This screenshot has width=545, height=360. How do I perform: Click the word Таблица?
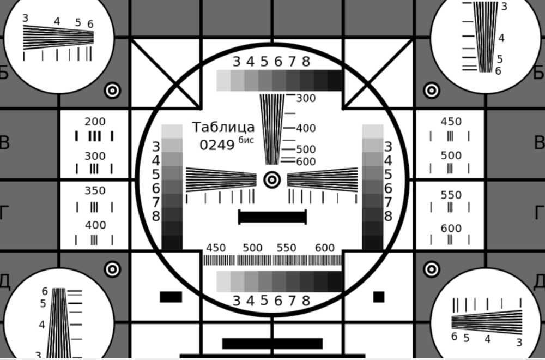tap(223, 127)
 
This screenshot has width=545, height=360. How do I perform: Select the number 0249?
tap(217, 145)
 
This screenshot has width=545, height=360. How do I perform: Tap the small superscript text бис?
tap(246, 140)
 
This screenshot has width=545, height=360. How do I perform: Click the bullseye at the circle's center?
tap(272, 180)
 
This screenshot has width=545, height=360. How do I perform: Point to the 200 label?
tap(95, 122)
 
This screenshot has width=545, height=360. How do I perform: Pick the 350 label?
tap(95, 190)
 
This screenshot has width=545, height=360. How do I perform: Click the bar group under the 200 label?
tap(94, 136)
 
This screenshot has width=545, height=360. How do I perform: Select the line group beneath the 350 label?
tap(94, 207)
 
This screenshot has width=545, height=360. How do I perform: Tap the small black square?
tap(379, 297)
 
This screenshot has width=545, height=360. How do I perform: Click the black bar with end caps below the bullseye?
tap(272, 217)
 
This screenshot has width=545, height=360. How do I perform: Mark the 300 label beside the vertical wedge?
tap(306, 98)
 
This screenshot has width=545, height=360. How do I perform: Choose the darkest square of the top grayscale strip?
tap(335, 80)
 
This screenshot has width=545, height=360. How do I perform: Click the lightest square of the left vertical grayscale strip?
tap(172, 131)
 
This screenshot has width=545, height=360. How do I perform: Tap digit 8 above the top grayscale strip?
tap(306, 62)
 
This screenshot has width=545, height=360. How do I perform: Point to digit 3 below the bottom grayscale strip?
tap(237, 301)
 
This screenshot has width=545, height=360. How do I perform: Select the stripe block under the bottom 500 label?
tap(254, 260)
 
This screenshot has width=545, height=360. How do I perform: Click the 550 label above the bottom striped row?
tap(287, 248)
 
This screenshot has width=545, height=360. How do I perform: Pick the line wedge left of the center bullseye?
tap(221, 180)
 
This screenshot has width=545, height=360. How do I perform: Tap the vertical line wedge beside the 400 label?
tap(272, 129)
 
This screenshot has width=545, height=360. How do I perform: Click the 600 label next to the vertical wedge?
tap(306, 162)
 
